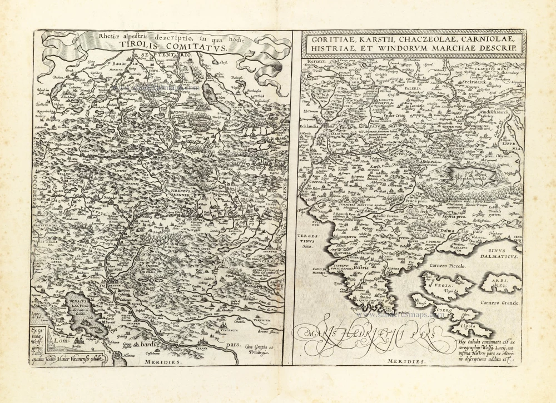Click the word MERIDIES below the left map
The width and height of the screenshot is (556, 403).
[163, 362]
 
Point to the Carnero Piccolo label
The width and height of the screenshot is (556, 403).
[448, 266]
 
